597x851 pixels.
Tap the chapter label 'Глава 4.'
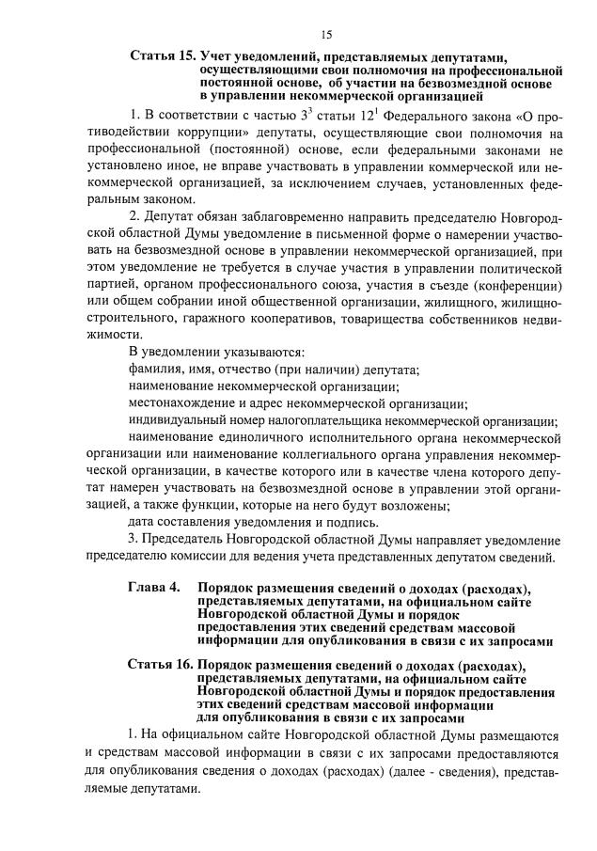154,589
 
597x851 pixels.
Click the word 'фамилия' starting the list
156,369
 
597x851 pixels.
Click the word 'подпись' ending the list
353,521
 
